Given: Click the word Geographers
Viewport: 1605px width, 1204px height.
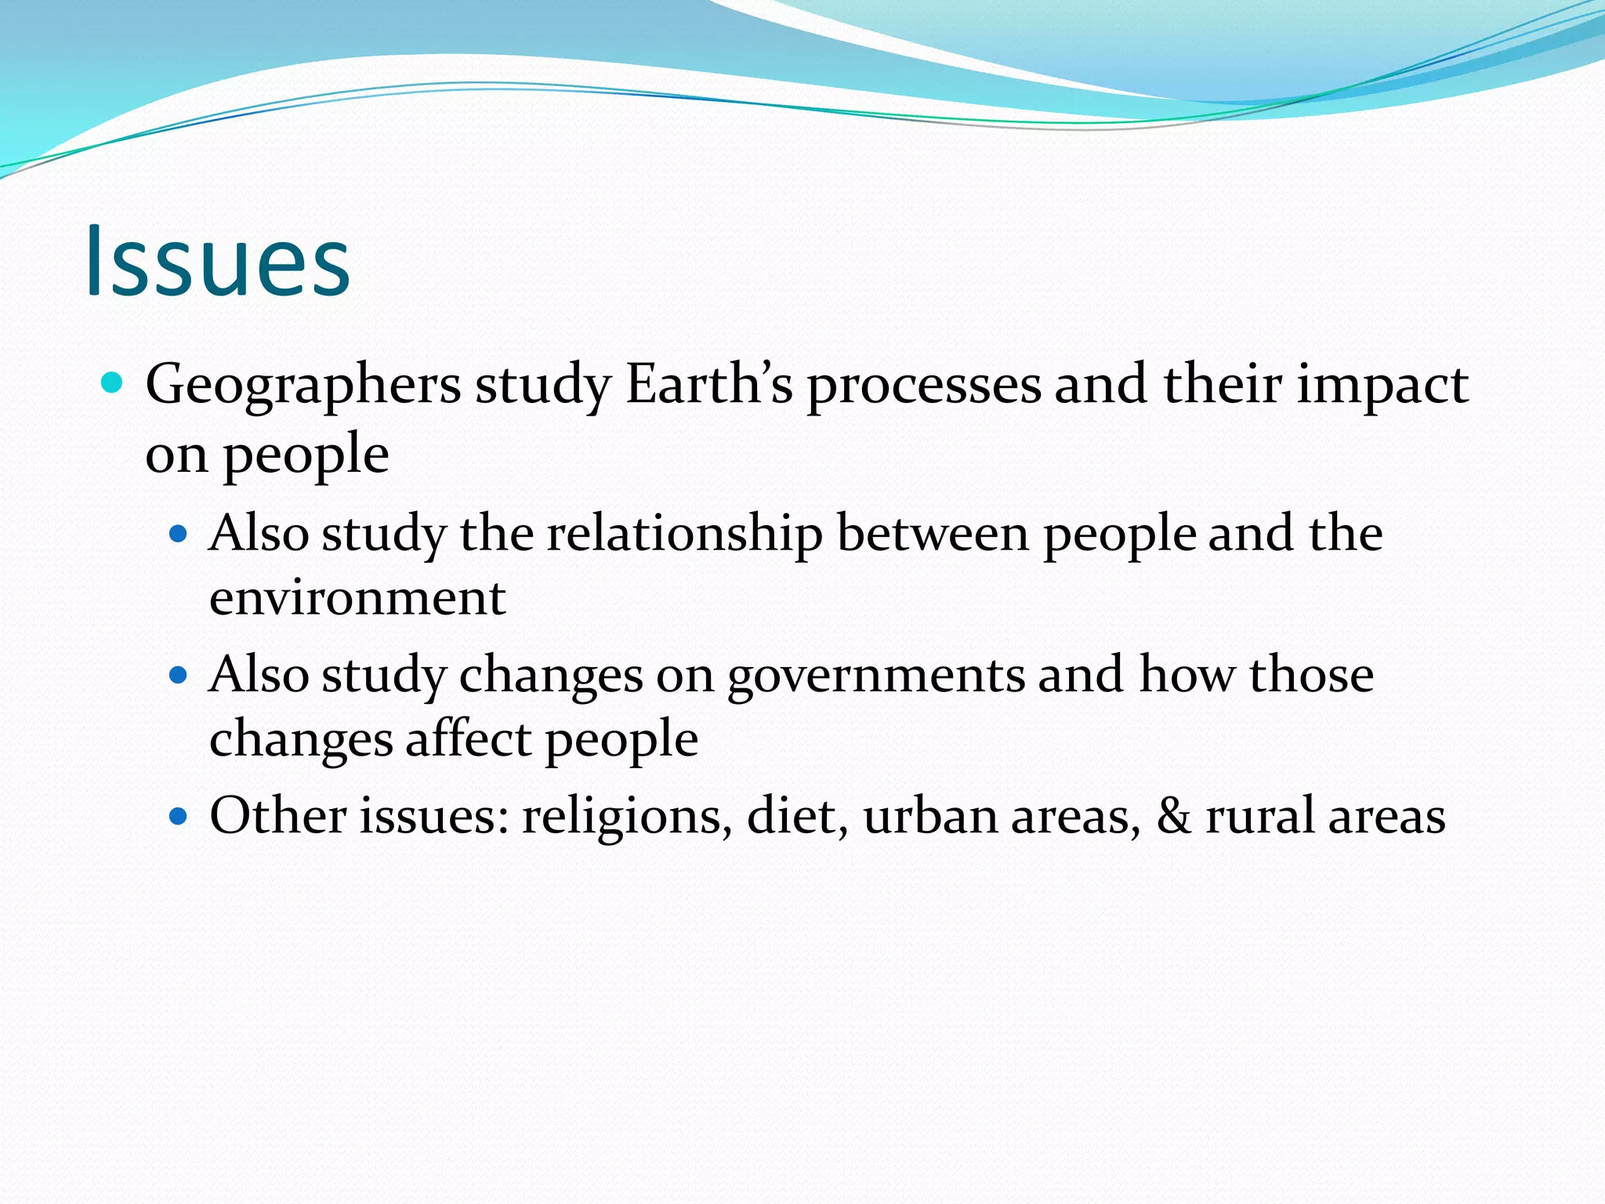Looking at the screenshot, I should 303,386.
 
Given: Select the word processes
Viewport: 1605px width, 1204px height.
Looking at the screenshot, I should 925,386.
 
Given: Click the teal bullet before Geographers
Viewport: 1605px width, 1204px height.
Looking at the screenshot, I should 113,383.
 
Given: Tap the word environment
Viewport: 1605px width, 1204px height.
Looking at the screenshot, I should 357,598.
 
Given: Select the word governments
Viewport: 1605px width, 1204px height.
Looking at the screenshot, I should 876,676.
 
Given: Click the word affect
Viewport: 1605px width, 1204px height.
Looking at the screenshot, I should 469,738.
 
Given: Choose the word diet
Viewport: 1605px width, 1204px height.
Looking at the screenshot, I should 797,816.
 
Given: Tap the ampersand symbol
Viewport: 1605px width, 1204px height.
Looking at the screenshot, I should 1173,816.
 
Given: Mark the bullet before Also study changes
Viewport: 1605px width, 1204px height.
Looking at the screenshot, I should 179,675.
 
